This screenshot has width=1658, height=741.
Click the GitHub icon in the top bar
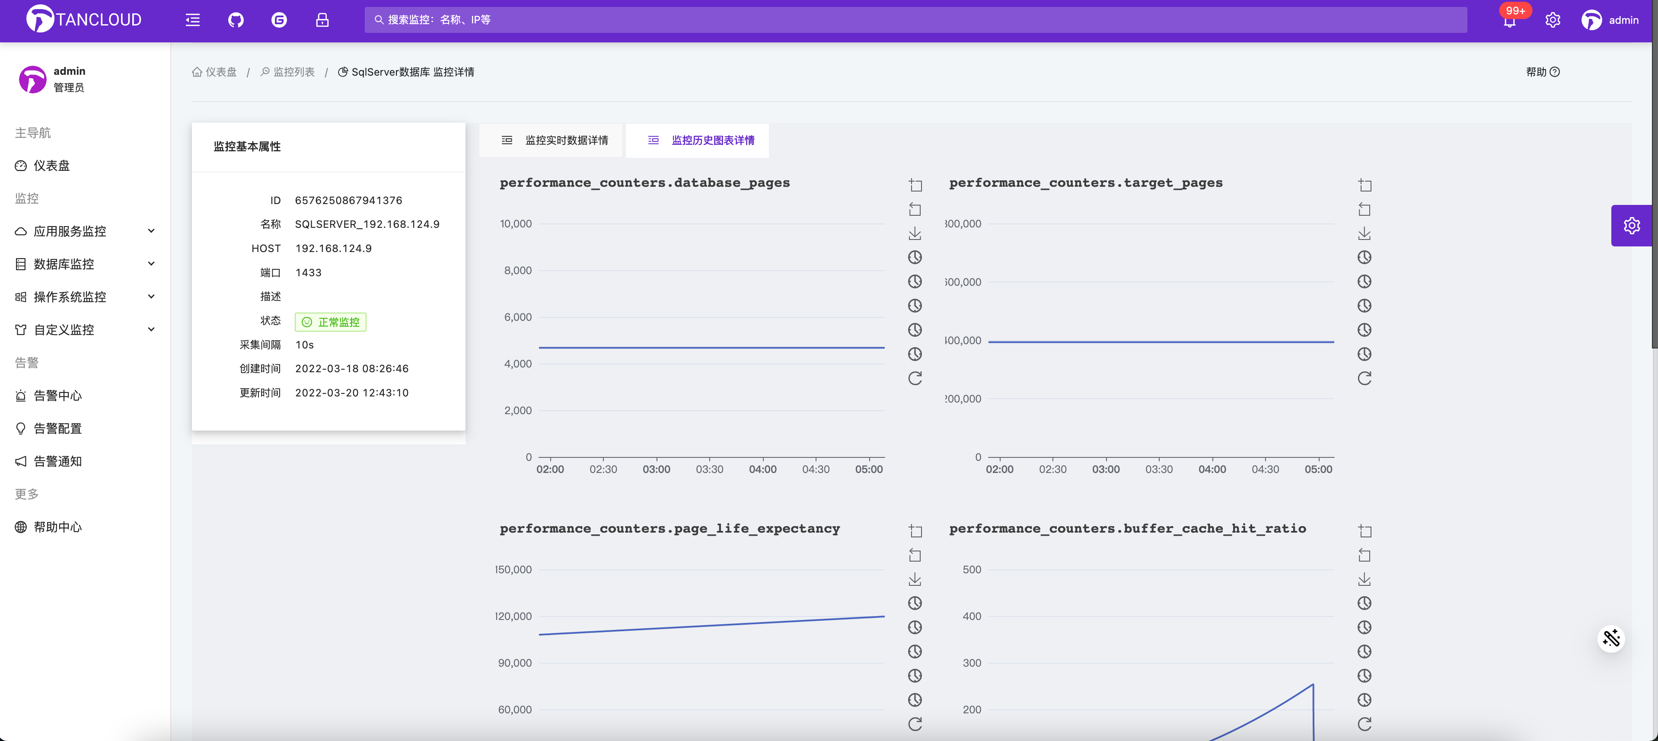pos(236,20)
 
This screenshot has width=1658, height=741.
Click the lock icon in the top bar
pos(322,20)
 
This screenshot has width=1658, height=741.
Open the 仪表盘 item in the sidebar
pos(51,166)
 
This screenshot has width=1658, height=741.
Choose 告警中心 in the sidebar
pos(58,395)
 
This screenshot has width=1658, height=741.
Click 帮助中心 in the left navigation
pos(58,527)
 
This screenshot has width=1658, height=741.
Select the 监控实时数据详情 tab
pos(555,141)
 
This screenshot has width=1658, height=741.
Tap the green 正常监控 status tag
pos(331,322)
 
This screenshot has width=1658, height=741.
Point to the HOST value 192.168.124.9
pos(333,249)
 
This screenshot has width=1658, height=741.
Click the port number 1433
pos(308,272)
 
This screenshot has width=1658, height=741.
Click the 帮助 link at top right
pos(1542,72)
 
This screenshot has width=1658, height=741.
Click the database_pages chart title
pos(644,183)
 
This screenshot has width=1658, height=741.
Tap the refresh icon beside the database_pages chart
pos(915,378)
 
